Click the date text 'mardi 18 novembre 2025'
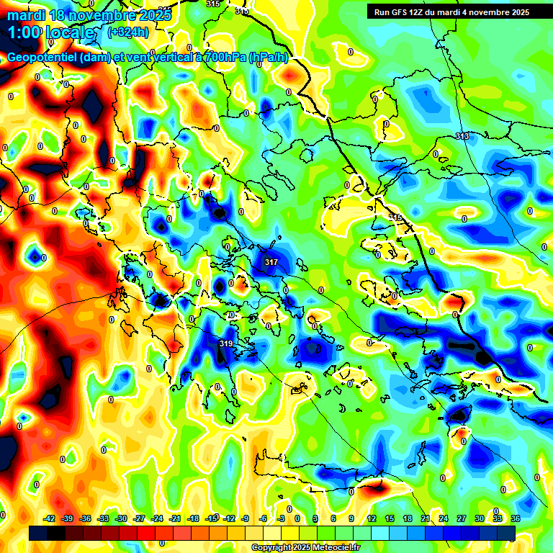(89, 14)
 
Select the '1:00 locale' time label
(51, 32)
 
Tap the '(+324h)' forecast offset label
(130, 32)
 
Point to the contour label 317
(271, 262)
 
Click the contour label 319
(225, 344)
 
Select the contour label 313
(462, 136)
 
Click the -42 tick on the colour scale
(50, 518)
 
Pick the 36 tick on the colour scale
(516, 518)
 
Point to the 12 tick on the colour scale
(372, 518)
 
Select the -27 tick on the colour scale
(139, 518)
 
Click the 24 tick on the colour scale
(444, 518)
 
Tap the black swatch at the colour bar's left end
(38, 533)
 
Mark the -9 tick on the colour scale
(246, 518)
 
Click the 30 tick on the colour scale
(480, 518)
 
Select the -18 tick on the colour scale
(192, 518)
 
